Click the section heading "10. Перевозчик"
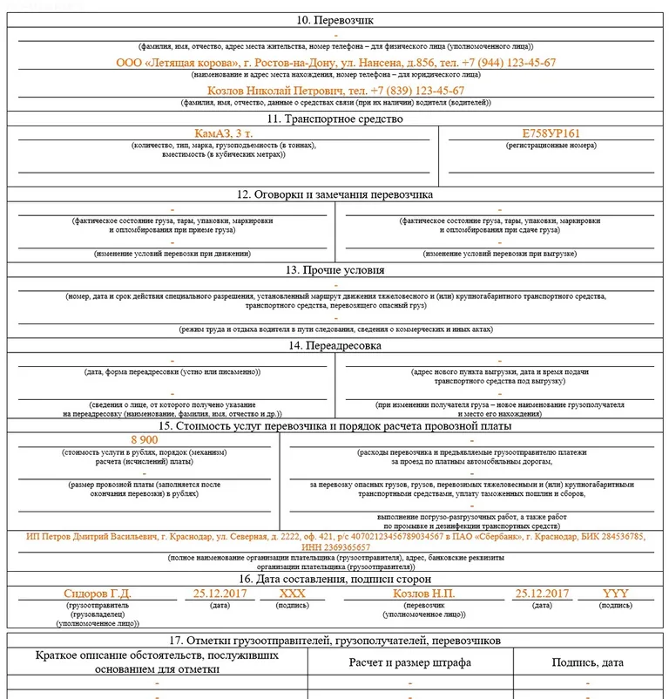(x=335, y=20)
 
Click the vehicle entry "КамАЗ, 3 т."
(x=223, y=133)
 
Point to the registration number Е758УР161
(x=551, y=133)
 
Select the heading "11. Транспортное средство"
(x=335, y=119)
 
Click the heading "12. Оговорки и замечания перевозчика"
(x=335, y=194)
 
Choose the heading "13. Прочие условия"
(x=335, y=270)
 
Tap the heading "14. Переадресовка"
(x=335, y=346)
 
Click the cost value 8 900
(x=145, y=440)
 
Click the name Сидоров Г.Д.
(x=97, y=594)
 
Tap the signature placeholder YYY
(x=615, y=594)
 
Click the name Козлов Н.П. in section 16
(x=424, y=594)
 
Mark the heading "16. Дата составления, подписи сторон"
(x=335, y=579)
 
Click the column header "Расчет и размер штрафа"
(x=409, y=662)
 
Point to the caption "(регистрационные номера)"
(x=551, y=146)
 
